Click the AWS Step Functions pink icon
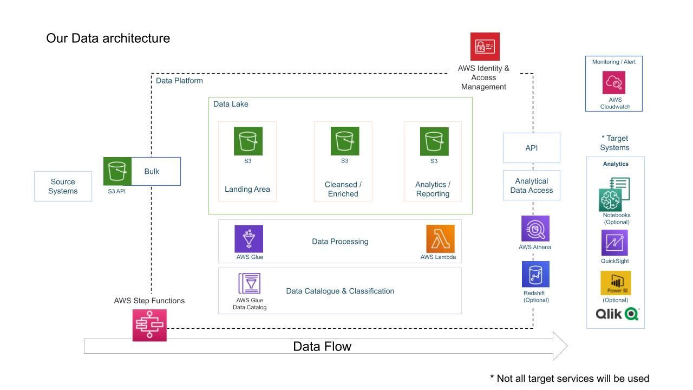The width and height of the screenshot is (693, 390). tap(149, 325)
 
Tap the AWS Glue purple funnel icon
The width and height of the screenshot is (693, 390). tap(249, 239)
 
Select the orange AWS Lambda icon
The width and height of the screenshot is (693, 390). tap(440, 239)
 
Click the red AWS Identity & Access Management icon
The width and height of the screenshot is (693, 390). tap(485, 47)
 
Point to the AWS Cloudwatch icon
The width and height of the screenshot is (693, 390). tap(614, 82)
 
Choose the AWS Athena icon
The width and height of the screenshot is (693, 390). tap(535, 229)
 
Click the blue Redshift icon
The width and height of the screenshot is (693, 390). tap(535, 274)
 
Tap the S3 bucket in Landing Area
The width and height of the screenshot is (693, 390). tap(248, 141)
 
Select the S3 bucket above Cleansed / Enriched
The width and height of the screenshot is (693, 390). tap(345, 141)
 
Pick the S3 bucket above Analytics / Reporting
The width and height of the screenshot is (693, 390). tap(434, 141)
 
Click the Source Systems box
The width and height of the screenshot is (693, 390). tap(63, 186)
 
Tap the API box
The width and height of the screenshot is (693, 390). tap(531, 148)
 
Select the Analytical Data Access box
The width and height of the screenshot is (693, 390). tap(531, 186)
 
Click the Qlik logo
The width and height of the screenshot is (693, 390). tap(617, 314)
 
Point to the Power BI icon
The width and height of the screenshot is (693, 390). tap(616, 283)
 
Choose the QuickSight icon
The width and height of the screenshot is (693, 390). tap(614, 243)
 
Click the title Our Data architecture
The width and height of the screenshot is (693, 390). tap(108, 38)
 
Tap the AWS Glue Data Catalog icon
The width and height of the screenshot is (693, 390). tap(250, 283)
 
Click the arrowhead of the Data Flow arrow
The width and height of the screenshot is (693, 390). tap(560, 346)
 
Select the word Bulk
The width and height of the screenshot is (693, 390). tap(152, 172)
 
